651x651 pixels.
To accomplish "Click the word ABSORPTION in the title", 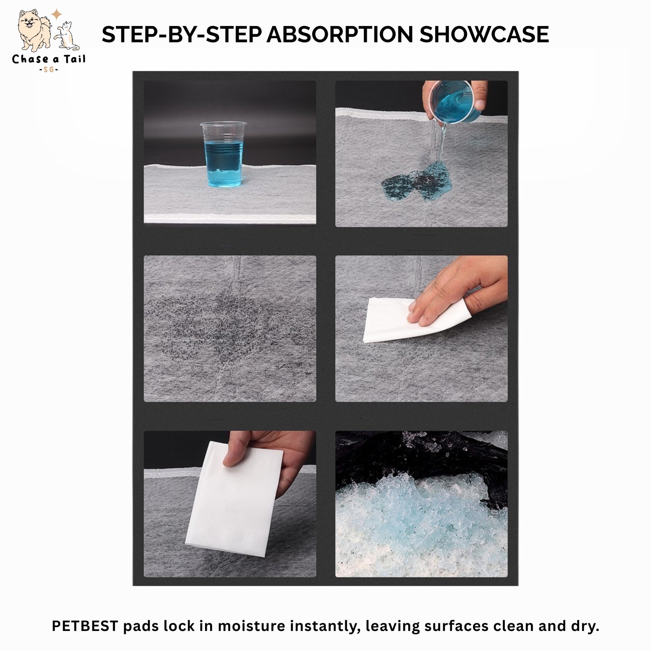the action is point(340,34).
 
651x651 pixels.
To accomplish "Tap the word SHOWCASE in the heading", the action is point(484,34).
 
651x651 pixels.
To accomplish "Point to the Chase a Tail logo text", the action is point(49,60).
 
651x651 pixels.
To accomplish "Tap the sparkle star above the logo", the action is point(57,14).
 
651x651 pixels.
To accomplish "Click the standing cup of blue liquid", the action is point(223,154).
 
